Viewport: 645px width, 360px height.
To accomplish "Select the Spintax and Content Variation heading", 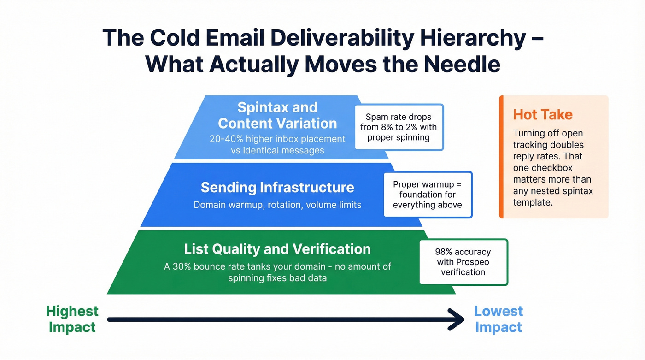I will pyautogui.click(x=277, y=115).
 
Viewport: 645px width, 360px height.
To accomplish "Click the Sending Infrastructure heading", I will pyautogui.click(x=277, y=187).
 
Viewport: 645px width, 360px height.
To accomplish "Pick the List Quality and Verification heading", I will pyautogui.click(x=277, y=249).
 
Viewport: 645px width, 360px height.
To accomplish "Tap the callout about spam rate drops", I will pyautogui.click(x=399, y=127).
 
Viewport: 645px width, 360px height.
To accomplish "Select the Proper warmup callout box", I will pyautogui.click(x=428, y=195).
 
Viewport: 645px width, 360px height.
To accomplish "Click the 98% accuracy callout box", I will pyautogui.click(x=463, y=262).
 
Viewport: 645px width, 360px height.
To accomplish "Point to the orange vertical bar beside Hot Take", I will pyautogui.click(x=501, y=157).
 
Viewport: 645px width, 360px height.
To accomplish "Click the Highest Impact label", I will pyautogui.click(x=72, y=319).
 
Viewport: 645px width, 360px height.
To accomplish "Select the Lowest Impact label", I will pyautogui.click(x=498, y=319).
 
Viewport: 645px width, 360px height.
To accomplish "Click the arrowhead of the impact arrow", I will pyautogui.click(x=458, y=319).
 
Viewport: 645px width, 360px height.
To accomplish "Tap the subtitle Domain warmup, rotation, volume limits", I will pyautogui.click(x=277, y=204).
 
